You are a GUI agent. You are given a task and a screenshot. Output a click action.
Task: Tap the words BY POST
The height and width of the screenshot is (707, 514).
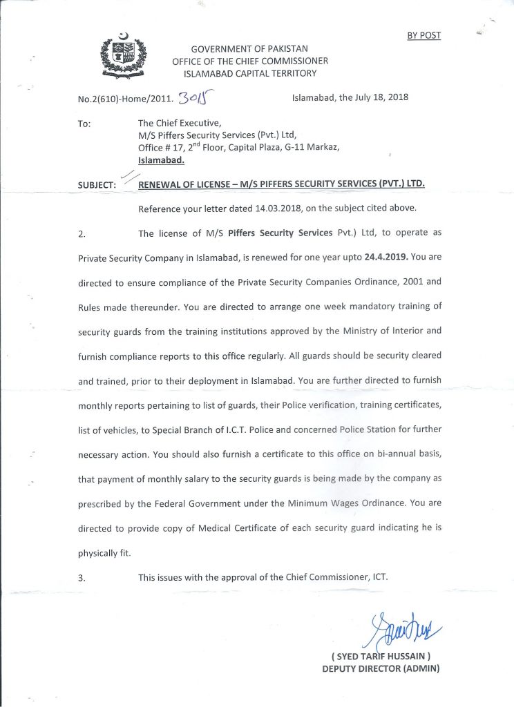pos(423,35)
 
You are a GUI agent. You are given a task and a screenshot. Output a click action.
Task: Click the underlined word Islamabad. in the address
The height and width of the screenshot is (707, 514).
pos(162,159)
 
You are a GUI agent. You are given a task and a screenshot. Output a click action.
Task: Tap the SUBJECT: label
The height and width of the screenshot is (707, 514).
pos(97,186)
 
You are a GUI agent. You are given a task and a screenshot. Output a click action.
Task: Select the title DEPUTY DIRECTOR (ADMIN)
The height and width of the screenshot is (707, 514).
pos(381,668)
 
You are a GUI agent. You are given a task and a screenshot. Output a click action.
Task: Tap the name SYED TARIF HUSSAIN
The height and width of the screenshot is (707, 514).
pos(381,656)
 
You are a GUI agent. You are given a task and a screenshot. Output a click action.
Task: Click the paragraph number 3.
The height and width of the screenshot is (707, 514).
pos(82,579)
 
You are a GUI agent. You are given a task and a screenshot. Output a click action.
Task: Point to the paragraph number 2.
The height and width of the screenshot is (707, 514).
pos(82,234)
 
